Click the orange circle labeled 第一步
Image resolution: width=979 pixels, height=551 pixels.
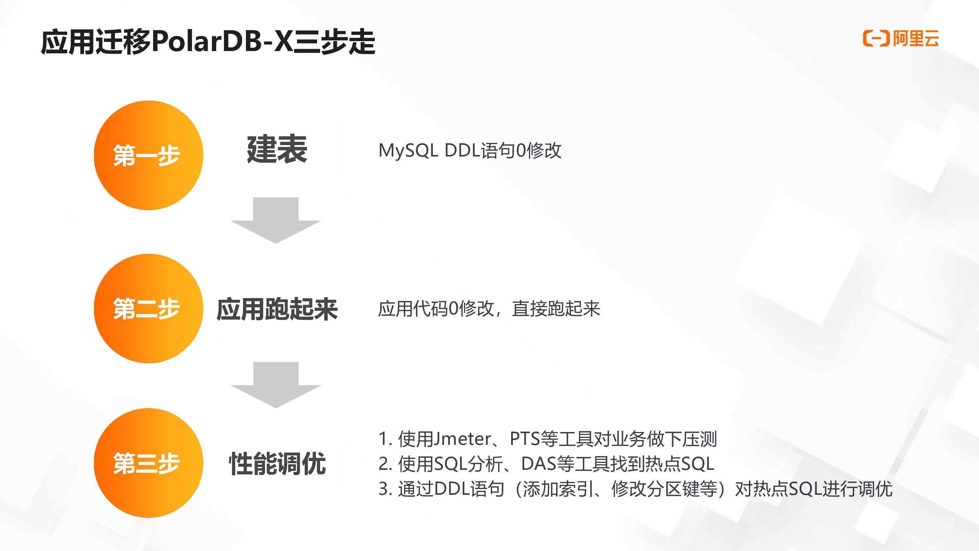click(x=148, y=155)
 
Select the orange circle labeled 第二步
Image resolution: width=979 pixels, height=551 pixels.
click(x=148, y=309)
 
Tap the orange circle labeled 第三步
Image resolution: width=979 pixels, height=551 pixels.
click(x=148, y=463)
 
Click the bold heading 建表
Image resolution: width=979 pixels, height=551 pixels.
click(x=277, y=150)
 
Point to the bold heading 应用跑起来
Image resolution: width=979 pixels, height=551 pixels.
click(x=277, y=309)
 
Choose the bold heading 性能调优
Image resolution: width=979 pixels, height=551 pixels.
click(x=277, y=464)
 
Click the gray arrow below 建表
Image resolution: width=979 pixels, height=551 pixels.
click(x=276, y=220)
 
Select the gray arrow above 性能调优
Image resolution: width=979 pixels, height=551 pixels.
click(x=276, y=385)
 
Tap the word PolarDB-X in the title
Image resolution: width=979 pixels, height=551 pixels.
click(x=222, y=42)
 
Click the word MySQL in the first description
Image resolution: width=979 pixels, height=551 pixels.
click(x=408, y=151)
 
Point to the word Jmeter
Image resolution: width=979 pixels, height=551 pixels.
click(x=461, y=439)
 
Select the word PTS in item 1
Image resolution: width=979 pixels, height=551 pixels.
click(x=525, y=439)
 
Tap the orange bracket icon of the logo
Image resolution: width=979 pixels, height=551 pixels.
click(x=876, y=39)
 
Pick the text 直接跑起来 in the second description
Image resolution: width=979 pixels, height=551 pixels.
click(x=556, y=309)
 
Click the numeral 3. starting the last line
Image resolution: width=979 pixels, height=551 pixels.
click(x=385, y=489)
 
